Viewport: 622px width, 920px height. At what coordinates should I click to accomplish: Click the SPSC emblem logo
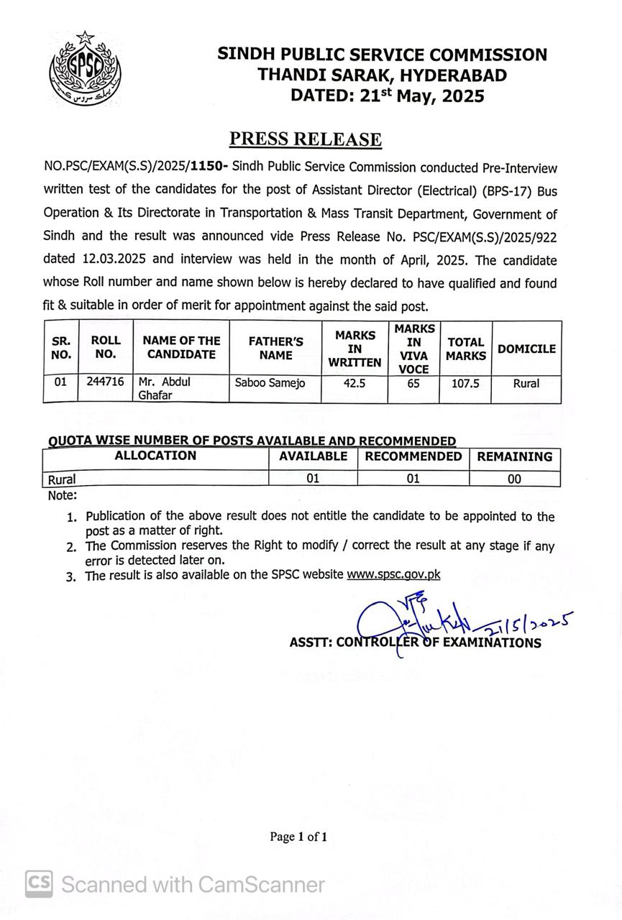85,69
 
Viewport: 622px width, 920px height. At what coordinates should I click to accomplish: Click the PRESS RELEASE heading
305,139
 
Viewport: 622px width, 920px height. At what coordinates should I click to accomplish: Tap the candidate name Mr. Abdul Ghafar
164,388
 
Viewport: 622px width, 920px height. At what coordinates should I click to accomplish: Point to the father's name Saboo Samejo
270,383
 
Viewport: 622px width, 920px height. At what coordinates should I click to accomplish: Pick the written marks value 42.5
355,383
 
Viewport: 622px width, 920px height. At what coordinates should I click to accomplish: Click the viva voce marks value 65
413,383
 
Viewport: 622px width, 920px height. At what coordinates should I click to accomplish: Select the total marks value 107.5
465,383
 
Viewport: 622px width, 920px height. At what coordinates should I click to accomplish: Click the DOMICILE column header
526,349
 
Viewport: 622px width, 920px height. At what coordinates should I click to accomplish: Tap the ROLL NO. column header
106,347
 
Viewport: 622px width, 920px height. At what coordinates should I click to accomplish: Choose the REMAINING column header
515,456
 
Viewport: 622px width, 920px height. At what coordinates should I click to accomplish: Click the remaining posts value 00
515,479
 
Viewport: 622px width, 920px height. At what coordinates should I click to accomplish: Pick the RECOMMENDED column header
413,456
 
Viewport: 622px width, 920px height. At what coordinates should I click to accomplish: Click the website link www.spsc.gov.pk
393,574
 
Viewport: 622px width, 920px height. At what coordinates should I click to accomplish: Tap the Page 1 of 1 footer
298,837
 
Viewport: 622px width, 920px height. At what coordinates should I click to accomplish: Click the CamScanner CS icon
40,883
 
